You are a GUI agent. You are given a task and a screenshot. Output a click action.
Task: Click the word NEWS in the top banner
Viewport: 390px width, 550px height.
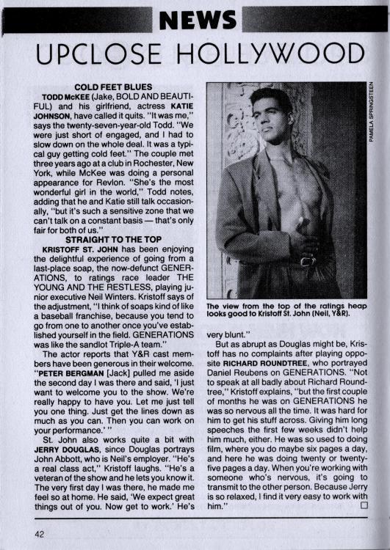(195, 20)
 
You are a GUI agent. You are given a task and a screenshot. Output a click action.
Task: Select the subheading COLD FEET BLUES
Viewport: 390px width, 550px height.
(109, 87)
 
